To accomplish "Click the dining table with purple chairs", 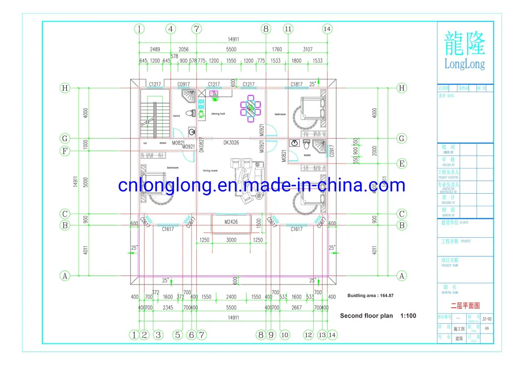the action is (x=251, y=108).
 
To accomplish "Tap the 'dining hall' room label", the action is (x=218, y=114).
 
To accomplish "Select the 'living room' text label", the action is (x=210, y=170).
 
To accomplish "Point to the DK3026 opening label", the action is (x=231, y=143).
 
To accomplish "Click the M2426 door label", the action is (x=231, y=222).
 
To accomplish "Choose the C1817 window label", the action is (x=296, y=84).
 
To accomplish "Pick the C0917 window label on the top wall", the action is (x=184, y=84).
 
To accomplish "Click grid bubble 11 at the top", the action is (x=288, y=29).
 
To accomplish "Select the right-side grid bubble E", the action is (x=402, y=164).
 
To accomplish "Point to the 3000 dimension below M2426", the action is (x=231, y=240).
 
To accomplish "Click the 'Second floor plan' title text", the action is (x=366, y=316).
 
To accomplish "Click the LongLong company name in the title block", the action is (x=465, y=64).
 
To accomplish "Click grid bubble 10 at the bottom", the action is (x=285, y=335).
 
